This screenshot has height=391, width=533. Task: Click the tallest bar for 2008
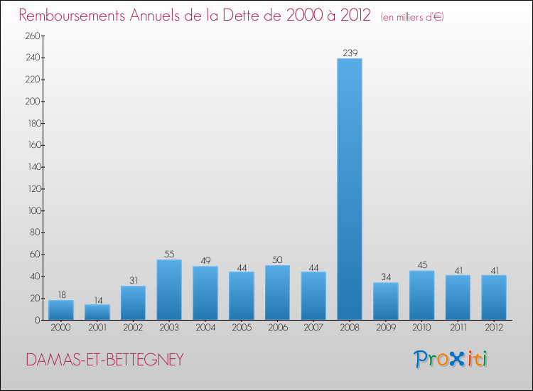[350, 189]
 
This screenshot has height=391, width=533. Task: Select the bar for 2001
[97, 312]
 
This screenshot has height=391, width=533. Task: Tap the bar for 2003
[169, 290]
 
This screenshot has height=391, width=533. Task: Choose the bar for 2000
[61, 310]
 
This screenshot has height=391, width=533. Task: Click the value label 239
[350, 52]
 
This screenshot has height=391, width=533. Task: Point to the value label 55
[169, 254]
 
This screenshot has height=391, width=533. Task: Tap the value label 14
[97, 299]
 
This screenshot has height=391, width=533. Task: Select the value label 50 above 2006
[277, 259]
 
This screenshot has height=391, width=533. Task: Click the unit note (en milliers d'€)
[412, 16]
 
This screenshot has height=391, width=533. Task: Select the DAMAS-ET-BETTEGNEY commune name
[104, 360]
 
